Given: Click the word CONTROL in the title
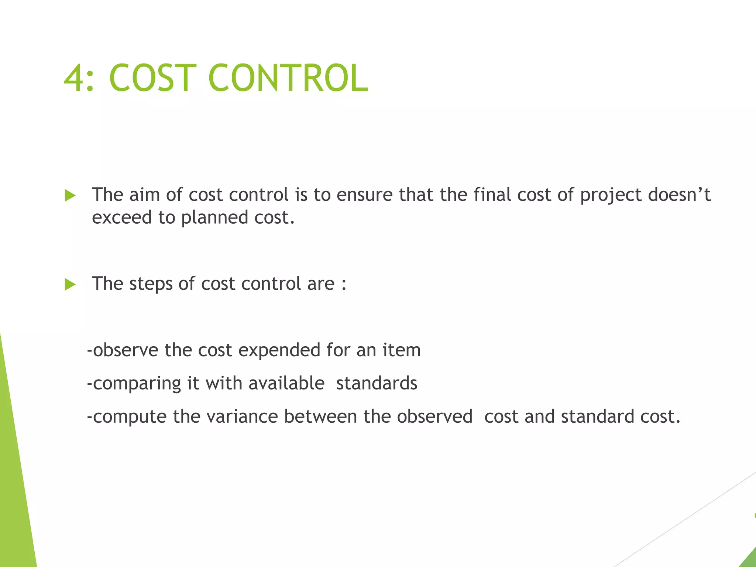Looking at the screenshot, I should [288, 78].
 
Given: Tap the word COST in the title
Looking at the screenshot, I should [152, 78].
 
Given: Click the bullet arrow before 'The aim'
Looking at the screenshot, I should [70, 195].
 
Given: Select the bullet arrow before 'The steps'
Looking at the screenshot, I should [70, 284].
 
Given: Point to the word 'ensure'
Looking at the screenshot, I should [364, 195].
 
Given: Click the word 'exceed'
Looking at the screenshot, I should [122, 217].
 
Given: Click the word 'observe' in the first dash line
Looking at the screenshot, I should [125, 350].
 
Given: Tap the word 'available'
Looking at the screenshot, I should [286, 383].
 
